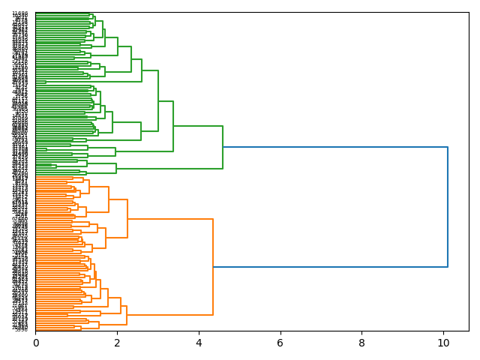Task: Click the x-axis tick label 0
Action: coord(35,343)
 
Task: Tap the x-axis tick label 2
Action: coord(117,343)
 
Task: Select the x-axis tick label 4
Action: coord(199,343)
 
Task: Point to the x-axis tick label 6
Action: coord(280,343)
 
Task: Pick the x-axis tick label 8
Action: coord(361,343)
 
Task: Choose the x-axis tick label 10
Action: coord(443,343)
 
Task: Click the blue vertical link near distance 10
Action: coord(448,206)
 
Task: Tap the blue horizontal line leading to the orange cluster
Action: coord(330,267)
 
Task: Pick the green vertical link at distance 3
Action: coord(158,100)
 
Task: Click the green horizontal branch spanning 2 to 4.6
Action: coord(169,168)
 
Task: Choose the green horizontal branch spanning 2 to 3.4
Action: coord(144,151)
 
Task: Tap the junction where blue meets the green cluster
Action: coord(223,147)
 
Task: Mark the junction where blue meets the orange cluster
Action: coord(213,267)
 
